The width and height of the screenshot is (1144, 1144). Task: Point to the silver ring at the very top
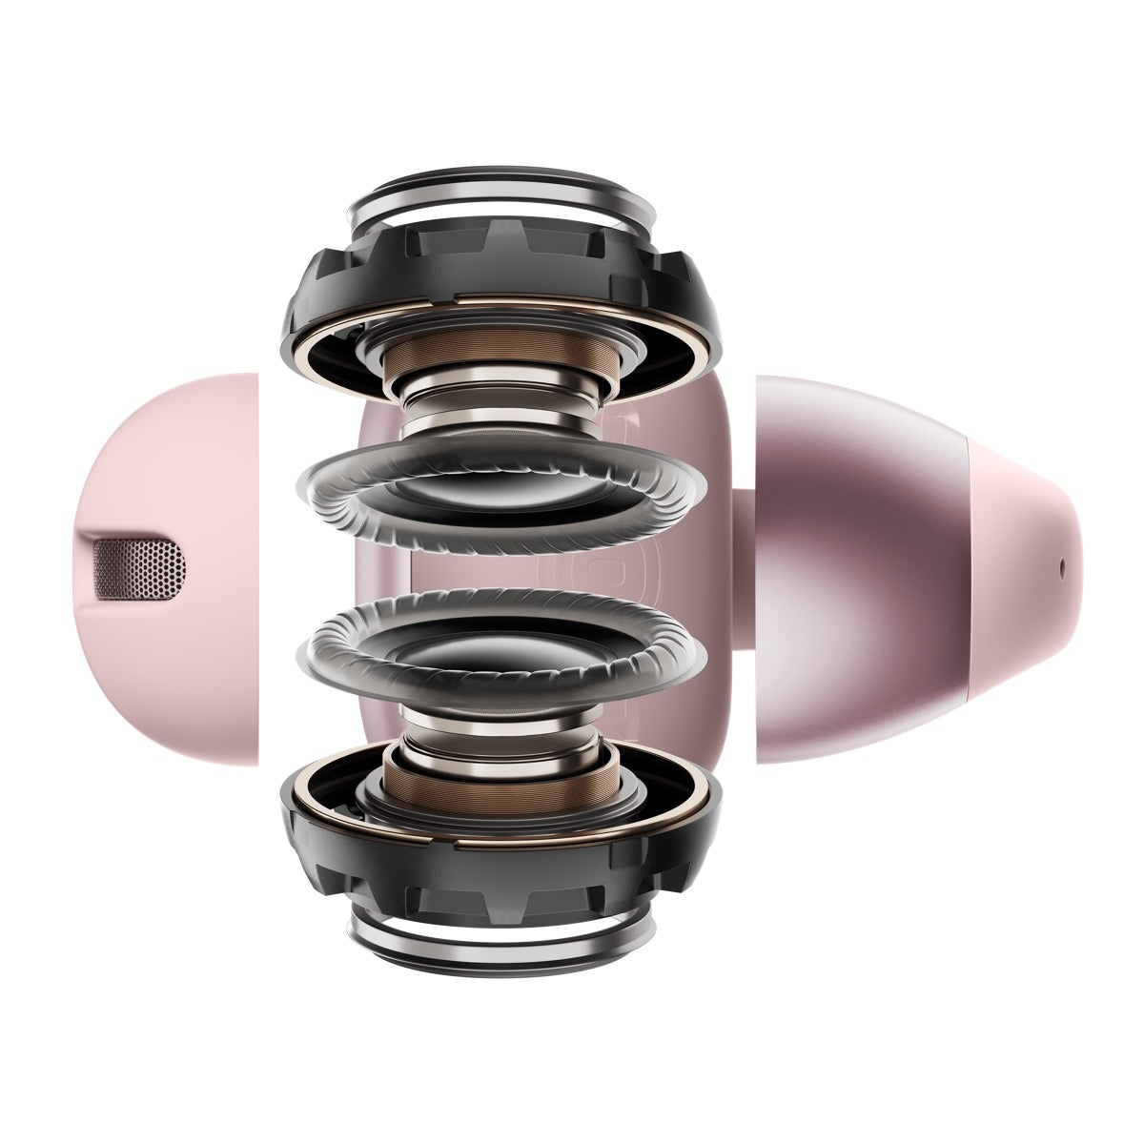(x=502, y=195)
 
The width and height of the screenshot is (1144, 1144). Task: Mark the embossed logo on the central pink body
(x=562, y=572)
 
